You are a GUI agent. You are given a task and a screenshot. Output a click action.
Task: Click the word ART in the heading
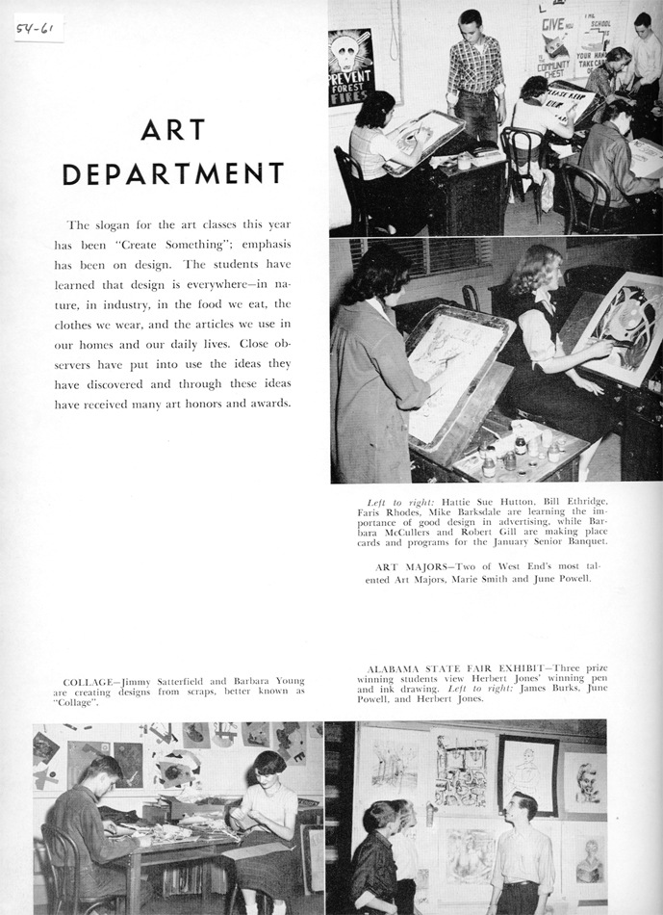pos(173,129)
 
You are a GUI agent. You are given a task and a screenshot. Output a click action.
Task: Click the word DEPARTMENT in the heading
pos(173,173)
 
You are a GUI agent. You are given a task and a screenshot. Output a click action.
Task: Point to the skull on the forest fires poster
pos(350,53)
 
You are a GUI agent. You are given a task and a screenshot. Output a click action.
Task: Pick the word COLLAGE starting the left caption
pos(85,681)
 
